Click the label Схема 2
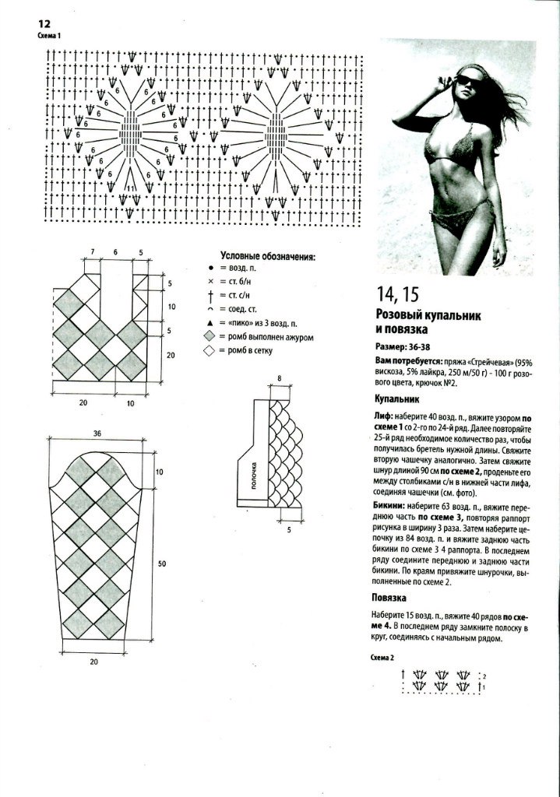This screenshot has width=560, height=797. click(383, 657)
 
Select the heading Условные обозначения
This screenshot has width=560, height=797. click(267, 256)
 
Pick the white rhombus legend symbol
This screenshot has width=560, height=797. click(210, 352)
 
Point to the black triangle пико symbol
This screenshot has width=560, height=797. click(210, 322)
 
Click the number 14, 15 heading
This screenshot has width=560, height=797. click(397, 294)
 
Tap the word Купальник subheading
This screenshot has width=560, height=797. click(398, 398)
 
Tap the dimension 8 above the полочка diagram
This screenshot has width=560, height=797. click(278, 377)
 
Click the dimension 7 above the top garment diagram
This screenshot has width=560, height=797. click(92, 253)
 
